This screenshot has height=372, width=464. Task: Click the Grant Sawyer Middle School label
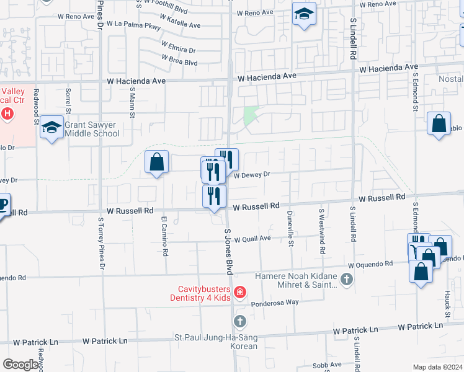click(x=92, y=128)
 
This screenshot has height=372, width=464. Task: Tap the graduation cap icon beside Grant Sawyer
click(x=52, y=128)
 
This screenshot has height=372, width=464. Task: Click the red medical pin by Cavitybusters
click(x=239, y=291)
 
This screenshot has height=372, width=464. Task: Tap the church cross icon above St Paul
click(x=239, y=322)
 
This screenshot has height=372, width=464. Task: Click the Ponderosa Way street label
click(x=275, y=303)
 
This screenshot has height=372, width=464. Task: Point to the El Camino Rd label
click(x=164, y=236)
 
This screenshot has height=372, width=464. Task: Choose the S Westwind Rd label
click(x=321, y=231)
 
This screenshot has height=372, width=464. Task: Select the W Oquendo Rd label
click(x=370, y=263)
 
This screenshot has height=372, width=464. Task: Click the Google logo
click(x=20, y=365)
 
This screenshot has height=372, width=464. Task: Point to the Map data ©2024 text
click(x=437, y=367)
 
